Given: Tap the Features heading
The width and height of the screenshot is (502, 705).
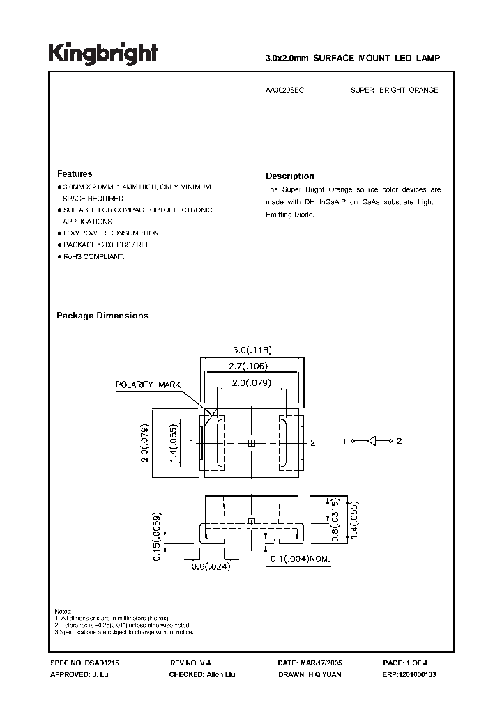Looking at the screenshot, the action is coord(74,173).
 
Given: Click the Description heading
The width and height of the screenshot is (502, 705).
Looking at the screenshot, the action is coord(289,176).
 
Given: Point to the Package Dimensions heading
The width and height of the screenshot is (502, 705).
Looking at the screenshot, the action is coord(102,316).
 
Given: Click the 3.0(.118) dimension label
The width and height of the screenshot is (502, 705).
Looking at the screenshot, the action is coord(251,350).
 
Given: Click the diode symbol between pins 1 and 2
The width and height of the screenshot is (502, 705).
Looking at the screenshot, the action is coord(372,441).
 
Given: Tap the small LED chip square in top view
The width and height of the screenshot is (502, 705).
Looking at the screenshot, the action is coord(252,442).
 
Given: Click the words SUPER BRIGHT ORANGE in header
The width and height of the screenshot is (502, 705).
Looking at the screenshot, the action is coord(393,91).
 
